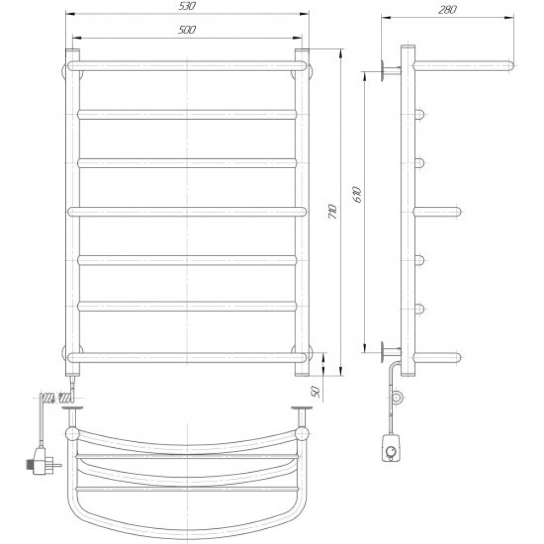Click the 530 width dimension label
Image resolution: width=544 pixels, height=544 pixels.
point(187,6)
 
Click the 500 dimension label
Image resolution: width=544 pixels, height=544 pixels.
point(187,30)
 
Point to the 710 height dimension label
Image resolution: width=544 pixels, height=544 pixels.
point(332,211)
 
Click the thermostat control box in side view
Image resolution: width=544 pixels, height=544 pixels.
point(391,447)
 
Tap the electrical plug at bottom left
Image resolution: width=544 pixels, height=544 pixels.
point(41,461)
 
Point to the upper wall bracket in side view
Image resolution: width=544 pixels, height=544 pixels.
point(391,70)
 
